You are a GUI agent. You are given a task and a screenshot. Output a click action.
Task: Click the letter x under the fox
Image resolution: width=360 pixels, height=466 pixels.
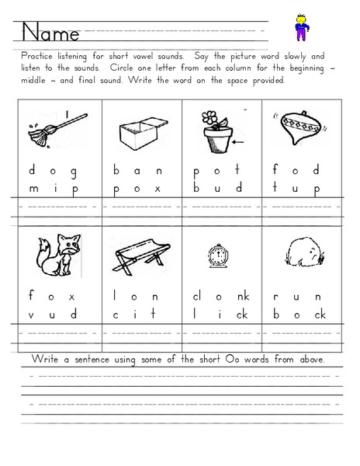pyautogui.click(x=74, y=296)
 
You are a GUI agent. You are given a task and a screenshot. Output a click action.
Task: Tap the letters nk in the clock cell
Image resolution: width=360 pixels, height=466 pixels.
pyautogui.click(x=243, y=295)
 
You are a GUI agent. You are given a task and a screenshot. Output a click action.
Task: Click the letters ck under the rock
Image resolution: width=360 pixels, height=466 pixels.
pyautogui.click(x=319, y=315)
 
